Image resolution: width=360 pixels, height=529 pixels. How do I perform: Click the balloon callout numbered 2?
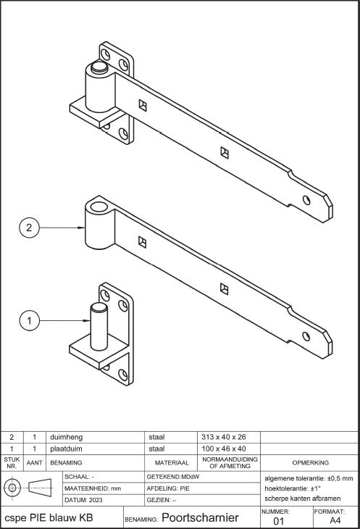coord(29,228)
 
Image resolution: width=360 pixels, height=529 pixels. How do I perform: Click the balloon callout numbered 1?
coord(29,320)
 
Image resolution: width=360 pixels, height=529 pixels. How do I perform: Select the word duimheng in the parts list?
coord(66,437)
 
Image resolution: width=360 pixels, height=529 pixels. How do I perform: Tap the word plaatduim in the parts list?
coord(66,449)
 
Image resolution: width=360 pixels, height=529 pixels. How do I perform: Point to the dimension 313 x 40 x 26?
coord(224,437)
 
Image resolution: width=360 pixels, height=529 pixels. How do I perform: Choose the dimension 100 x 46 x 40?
coord(224,449)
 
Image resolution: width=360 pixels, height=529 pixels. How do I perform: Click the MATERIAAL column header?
coord(172,463)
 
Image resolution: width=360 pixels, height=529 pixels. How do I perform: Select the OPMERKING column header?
coord(311,463)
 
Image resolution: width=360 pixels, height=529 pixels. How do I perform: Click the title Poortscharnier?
coord(200,517)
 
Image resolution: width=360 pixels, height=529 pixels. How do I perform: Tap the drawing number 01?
coord(278,521)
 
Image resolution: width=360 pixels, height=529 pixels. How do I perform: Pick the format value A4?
coord(335,520)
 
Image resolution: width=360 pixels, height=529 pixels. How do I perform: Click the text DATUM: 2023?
coord(83,500)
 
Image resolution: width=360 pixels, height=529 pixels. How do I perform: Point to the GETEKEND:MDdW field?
coord(173,477)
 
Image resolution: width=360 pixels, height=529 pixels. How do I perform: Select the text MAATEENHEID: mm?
coord(93,488)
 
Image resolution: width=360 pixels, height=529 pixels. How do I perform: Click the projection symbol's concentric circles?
coord(12,488)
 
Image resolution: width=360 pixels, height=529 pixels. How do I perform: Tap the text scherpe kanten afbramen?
coord(302,499)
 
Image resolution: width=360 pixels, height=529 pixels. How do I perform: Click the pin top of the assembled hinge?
coord(99,67)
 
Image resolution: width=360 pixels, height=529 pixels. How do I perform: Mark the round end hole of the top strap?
coord(306,200)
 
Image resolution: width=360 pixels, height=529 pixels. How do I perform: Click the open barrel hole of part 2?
coord(99,207)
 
